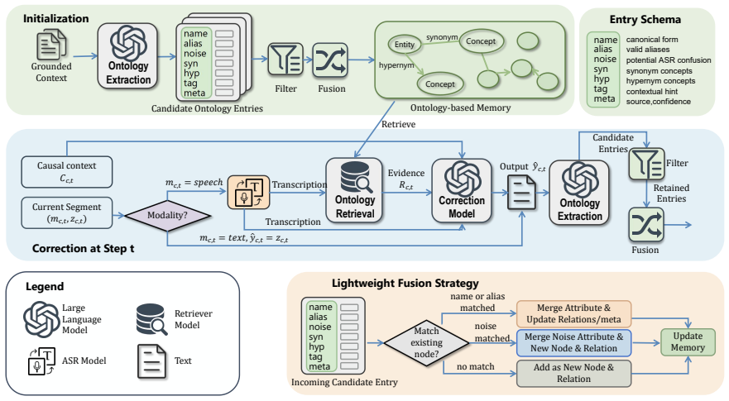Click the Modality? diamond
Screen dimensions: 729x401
(167, 216)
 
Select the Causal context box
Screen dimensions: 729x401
(66, 172)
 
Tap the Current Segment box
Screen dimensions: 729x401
(66, 212)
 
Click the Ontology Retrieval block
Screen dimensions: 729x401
(355, 190)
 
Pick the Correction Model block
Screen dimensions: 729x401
(461, 190)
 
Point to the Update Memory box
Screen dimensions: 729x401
(688, 342)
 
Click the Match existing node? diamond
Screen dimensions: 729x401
(426, 343)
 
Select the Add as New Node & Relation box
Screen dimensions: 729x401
(573, 373)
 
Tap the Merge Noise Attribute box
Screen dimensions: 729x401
(573, 343)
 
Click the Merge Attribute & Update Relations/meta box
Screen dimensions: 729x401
(573, 313)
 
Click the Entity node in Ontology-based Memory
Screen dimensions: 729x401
(404, 44)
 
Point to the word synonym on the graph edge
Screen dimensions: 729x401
(442, 37)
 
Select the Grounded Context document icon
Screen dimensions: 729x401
(51, 44)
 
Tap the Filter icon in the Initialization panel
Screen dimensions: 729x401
(285, 59)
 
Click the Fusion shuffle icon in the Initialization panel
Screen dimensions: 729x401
(330, 60)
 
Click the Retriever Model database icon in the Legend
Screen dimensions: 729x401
(151, 320)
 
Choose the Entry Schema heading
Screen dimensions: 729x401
(645, 20)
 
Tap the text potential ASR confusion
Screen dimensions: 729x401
(668, 60)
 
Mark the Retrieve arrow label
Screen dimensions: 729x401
(398, 124)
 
